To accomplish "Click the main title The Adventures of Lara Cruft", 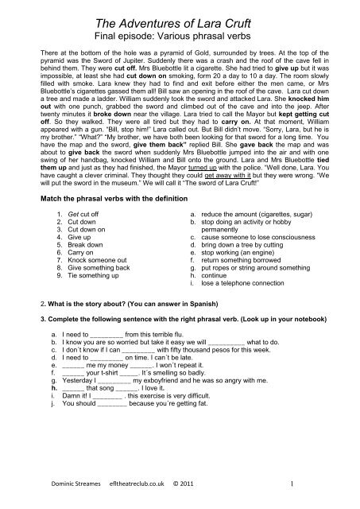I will click(x=180, y=18).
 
